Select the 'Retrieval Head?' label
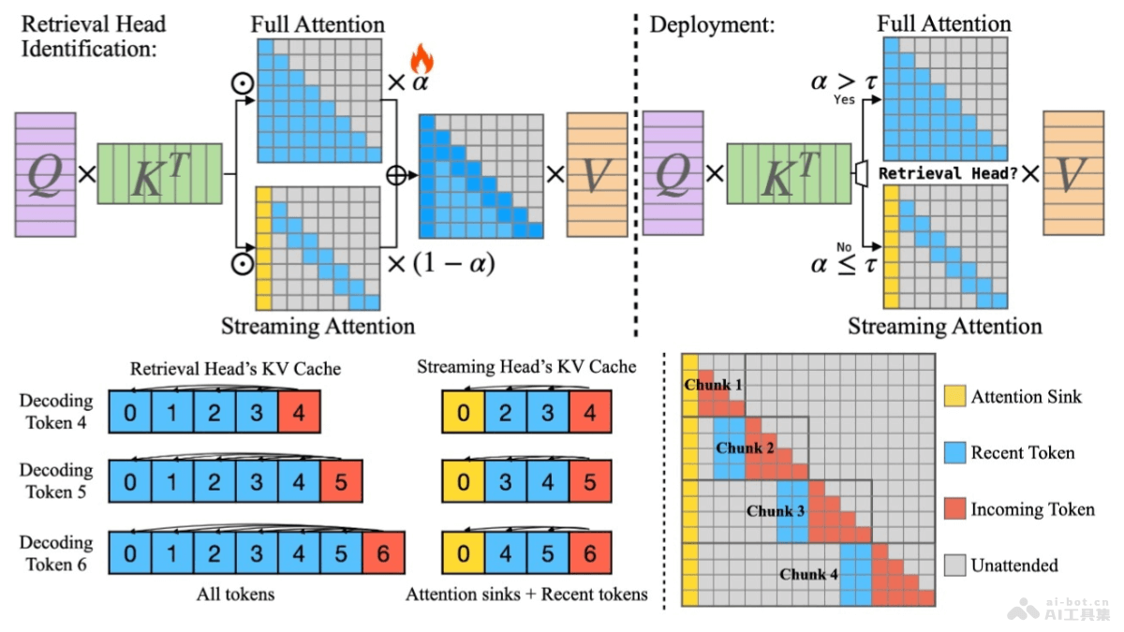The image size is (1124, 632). pos(947,173)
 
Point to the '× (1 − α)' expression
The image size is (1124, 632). pos(439,263)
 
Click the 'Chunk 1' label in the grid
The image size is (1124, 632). pos(713,385)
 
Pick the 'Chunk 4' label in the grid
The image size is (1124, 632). pos(807,574)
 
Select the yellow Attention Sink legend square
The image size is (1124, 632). pos(954,397)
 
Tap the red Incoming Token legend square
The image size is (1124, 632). pos(954,509)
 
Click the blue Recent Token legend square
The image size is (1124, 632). pos(954,453)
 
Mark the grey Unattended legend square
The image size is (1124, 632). pos(954,566)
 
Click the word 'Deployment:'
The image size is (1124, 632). pos(713,25)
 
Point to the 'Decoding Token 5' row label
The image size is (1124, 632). pos(56,480)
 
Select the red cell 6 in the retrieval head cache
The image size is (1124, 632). pos(384,553)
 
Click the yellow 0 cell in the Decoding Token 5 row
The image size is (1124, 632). pos(463,483)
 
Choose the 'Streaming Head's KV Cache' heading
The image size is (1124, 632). pos(526,367)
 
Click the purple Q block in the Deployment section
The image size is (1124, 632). pos(672,174)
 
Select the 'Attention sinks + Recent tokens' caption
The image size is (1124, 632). pos(526,594)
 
